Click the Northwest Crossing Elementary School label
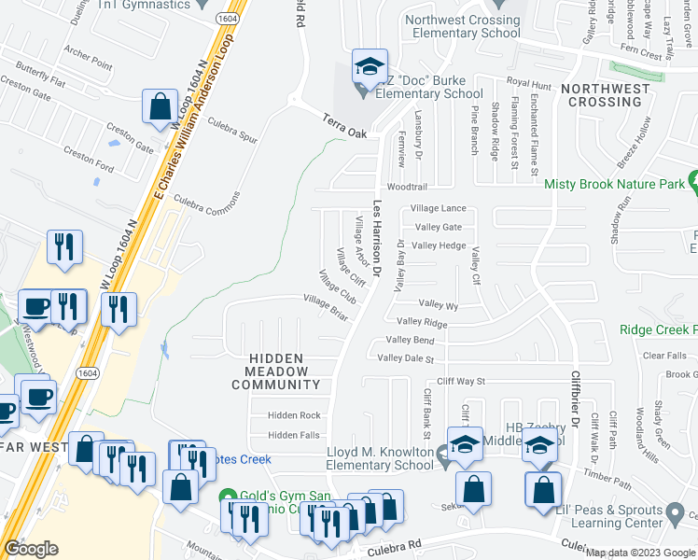click(x=462, y=26)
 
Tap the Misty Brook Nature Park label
click(x=614, y=185)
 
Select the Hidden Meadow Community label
click(x=283, y=371)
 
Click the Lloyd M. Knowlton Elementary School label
click(x=381, y=458)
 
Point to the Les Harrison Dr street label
click(x=378, y=239)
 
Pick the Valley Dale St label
click(x=407, y=358)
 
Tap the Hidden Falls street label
click(x=294, y=436)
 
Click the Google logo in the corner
click(x=31, y=549)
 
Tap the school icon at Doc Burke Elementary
click(x=370, y=66)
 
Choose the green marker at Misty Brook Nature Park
click(x=692, y=180)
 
